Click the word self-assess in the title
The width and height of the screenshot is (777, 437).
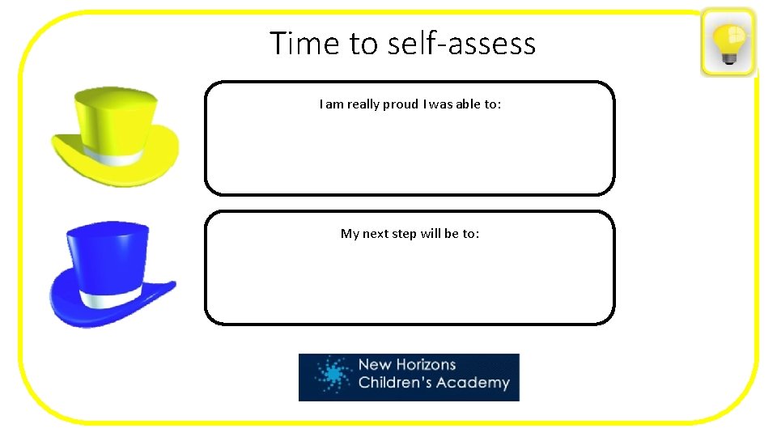click(x=462, y=43)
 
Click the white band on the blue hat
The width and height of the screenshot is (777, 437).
click(x=113, y=299)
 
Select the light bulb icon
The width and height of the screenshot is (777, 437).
click(x=728, y=43)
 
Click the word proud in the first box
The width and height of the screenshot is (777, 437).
click(x=396, y=104)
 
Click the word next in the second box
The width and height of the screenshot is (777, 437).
click(x=376, y=234)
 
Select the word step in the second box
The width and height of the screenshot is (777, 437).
click(x=405, y=234)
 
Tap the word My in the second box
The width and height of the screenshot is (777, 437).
click(x=350, y=234)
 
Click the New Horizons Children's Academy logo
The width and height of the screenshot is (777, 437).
click(x=409, y=377)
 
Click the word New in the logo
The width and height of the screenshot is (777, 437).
click(x=374, y=365)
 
